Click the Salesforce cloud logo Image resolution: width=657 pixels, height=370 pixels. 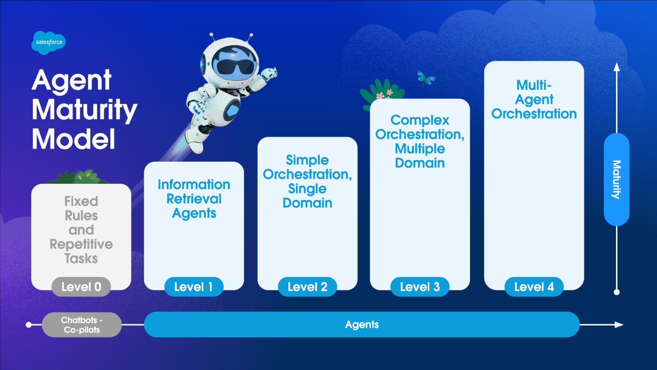[x=48, y=42]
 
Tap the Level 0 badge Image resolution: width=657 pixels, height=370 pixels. [x=81, y=287]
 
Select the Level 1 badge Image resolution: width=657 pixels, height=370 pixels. [x=194, y=287]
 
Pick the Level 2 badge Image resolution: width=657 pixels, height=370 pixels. [x=307, y=287]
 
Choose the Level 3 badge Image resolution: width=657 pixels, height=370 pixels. [x=420, y=287]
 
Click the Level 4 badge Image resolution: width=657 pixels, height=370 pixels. [x=534, y=287]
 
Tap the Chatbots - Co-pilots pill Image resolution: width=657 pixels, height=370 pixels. [x=82, y=325]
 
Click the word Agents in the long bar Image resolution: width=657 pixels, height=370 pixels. [x=362, y=325]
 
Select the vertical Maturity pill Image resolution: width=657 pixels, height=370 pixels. [x=616, y=179]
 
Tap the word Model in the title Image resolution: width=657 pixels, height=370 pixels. [x=74, y=139]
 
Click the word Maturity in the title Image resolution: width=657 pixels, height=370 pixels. [x=84, y=110]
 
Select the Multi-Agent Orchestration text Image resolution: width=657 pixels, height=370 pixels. [x=534, y=99]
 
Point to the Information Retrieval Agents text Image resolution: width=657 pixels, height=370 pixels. [x=194, y=199]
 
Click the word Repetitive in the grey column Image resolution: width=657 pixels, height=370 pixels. [x=81, y=244]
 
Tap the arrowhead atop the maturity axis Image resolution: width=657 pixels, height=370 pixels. [x=616, y=67]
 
